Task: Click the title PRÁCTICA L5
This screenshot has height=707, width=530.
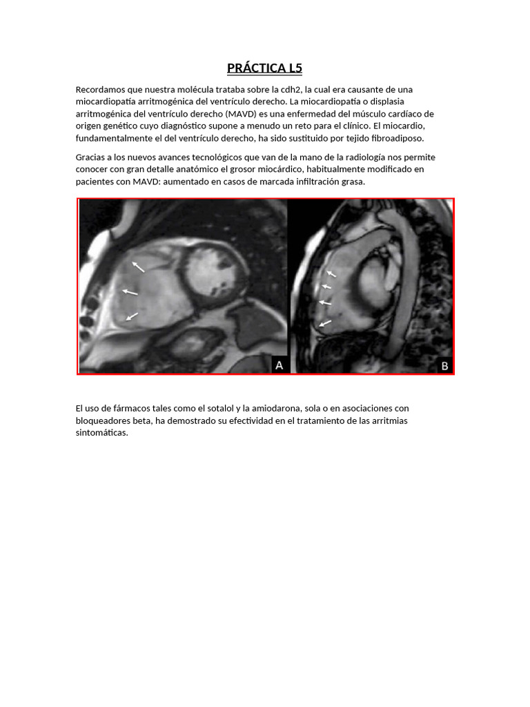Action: [x=265, y=68]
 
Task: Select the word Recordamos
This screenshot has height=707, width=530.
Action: [x=101, y=90]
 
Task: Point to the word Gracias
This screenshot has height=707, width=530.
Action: [x=91, y=157]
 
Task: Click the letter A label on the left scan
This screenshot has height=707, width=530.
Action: [x=279, y=365]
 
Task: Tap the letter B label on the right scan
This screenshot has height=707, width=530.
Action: [x=444, y=366]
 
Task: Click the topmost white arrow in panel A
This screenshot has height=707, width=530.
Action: [x=139, y=266]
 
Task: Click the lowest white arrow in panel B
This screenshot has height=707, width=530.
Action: [x=325, y=322]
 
